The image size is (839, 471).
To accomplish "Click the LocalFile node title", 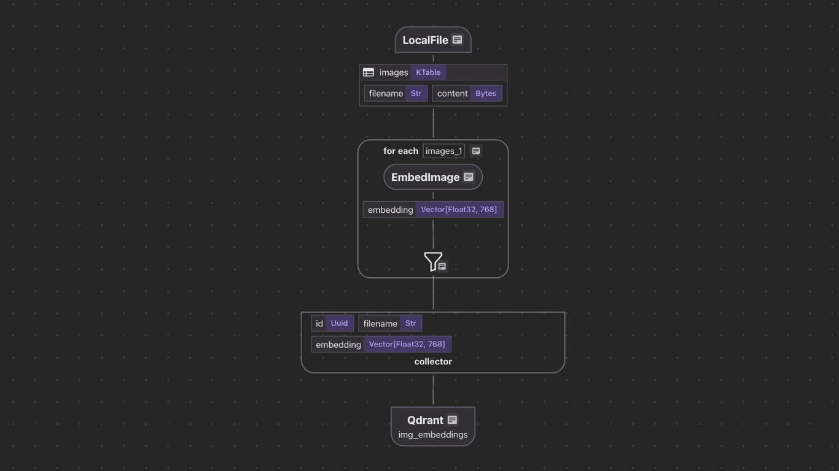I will pyautogui.click(x=425, y=40).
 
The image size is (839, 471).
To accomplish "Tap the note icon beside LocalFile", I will pyautogui.click(x=457, y=40).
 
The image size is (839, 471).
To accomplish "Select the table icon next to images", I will pyautogui.click(x=369, y=72).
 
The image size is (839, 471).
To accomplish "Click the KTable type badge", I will pyautogui.click(x=428, y=72).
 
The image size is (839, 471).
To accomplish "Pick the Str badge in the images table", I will pyautogui.click(x=416, y=94).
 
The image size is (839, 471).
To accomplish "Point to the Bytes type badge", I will pyautogui.click(x=485, y=94).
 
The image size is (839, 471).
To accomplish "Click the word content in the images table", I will pyautogui.click(x=452, y=94).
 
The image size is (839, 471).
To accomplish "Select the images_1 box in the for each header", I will pyautogui.click(x=443, y=151).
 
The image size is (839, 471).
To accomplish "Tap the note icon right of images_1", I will pyautogui.click(x=476, y=151).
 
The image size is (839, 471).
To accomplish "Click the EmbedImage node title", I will pyautogui.click(x=425, y=177).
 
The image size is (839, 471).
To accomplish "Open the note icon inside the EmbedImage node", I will pyautogui.click(x=469, y=177).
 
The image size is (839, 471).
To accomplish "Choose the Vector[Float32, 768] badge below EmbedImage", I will pyautogui.click(x=459, y=210).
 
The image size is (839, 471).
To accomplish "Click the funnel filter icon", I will pyautogui.click(x=432, y=261).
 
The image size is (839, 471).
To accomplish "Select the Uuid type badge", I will pyautogui.click(x=339, y=324).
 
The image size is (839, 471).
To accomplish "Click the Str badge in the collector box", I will pyautogui.click(x=410, y=324).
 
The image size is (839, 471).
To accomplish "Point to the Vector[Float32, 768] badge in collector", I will pyautogui.click(x=407, y=345).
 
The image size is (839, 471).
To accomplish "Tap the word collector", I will pyautogui.click(x=433, y=362).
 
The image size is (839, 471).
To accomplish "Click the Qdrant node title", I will pyautogui.click(x=425, y=420).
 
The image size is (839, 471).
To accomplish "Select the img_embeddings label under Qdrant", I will pyautogui.click(x=433, y=435).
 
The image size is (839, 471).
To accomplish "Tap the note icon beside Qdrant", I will pyautogui.click(x=452, y=420).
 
